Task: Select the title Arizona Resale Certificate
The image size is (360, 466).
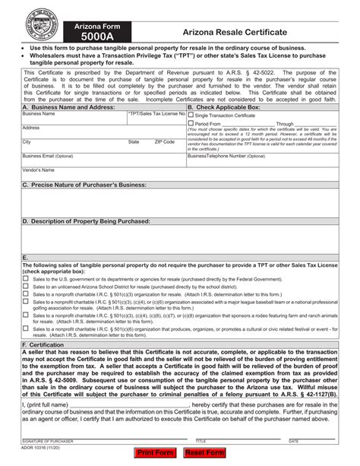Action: pos(234,33)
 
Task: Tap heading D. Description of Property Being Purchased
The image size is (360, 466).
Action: pos(86,220)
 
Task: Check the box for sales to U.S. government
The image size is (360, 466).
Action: pos(26,279)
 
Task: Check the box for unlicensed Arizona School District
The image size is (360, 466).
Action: pos(26,286)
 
